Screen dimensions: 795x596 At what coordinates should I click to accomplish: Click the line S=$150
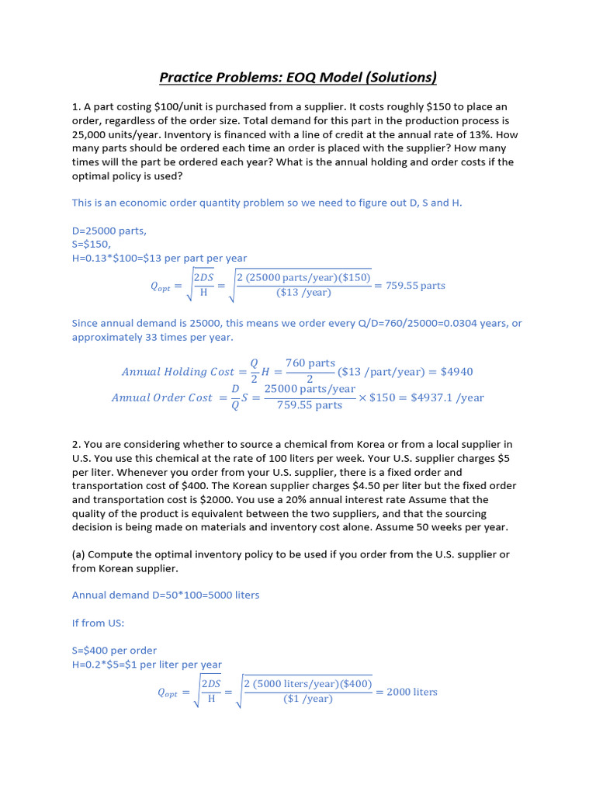[x=92, y=245]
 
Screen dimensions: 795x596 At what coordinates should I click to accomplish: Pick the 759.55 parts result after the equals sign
[x=416, y=286]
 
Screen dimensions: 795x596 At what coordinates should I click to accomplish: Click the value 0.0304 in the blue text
[x=440, y=324]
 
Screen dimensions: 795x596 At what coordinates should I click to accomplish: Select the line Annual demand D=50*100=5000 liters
[x=165, y=595]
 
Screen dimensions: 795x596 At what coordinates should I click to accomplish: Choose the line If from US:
[x=98, y=623]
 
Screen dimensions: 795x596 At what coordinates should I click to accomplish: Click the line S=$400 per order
[x=114, y=651]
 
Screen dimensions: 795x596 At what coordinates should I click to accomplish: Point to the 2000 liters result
[x=412, y=692]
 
